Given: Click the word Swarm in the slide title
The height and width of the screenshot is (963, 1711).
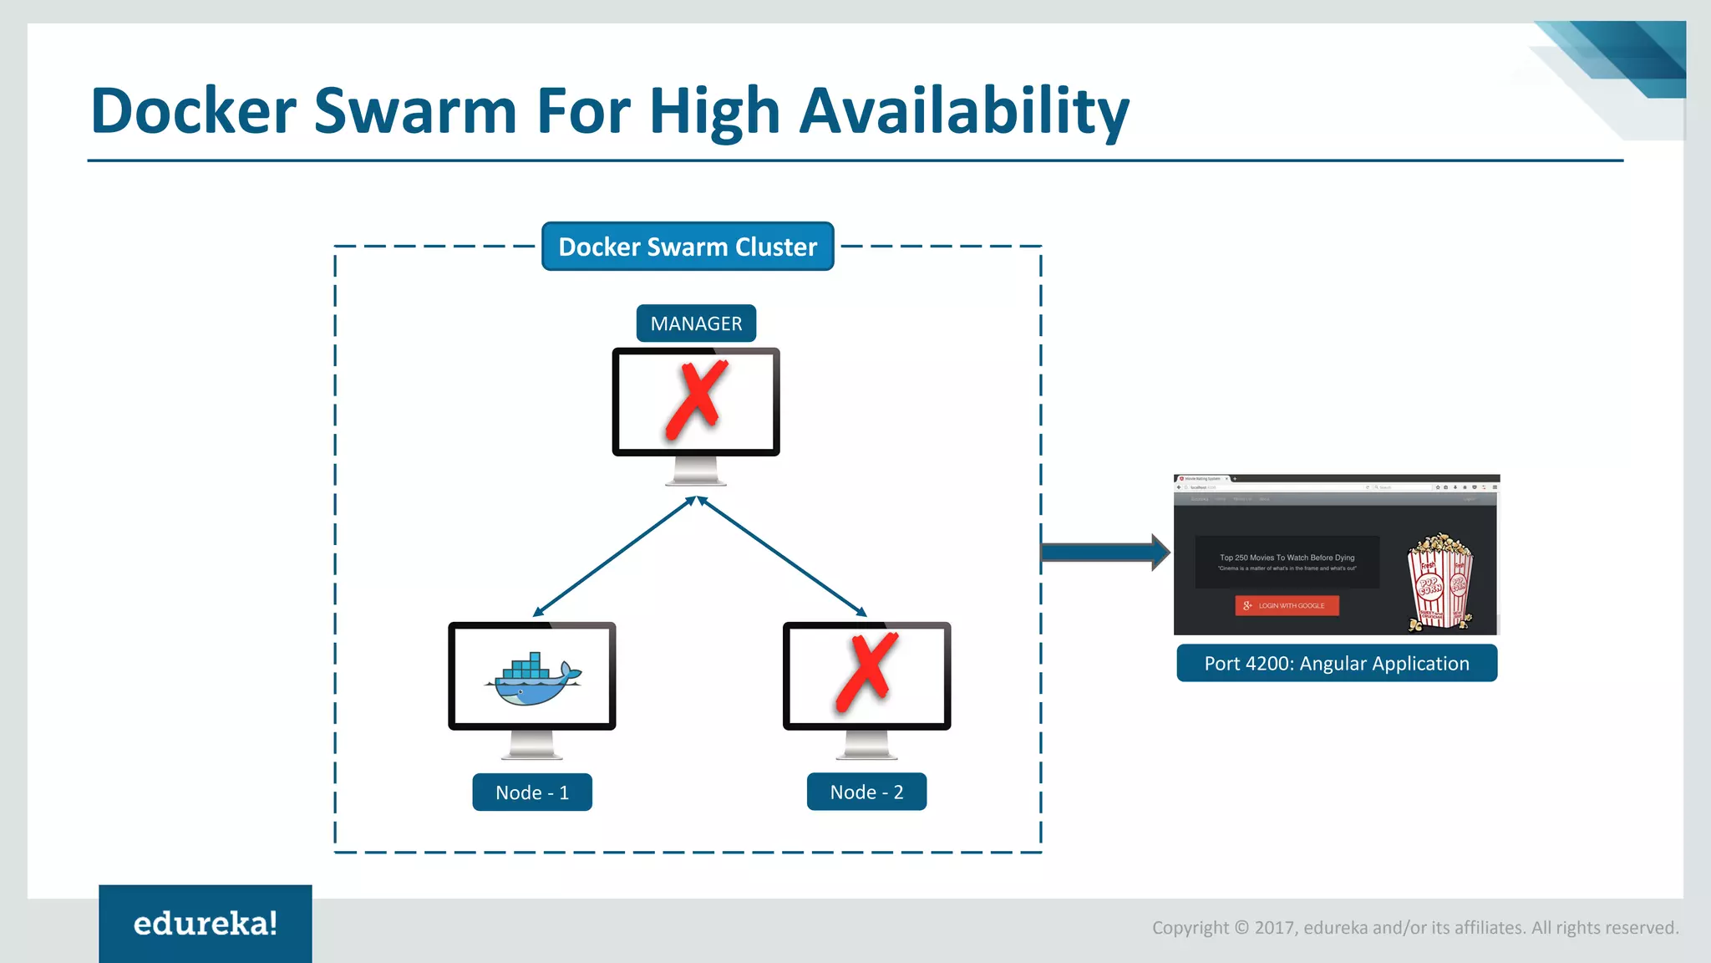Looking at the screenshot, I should coord(415,111).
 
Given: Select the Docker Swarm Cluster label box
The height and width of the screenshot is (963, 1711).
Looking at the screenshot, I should coord(688,247).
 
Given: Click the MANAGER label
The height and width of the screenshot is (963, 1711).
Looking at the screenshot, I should coord(696,324).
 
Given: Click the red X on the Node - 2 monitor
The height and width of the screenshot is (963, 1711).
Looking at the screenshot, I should coord(867,674).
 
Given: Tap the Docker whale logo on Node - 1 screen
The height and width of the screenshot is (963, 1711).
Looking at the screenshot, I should coord(532,678).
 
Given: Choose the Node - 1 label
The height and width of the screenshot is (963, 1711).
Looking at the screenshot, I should coord(532,792).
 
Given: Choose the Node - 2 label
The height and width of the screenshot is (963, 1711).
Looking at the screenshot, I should coord(866,792).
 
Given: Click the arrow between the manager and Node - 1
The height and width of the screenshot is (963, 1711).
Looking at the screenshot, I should coord(614,557).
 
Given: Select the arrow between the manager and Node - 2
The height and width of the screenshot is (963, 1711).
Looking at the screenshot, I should coord(781,557).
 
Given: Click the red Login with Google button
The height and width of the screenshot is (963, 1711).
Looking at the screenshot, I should coord(1287,605).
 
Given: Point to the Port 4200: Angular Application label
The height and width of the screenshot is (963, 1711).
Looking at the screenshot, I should coord(1337,664).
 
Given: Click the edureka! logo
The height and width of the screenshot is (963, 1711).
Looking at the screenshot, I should coord(206,924).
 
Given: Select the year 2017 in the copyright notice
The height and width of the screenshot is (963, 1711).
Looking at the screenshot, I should coord(1274,928).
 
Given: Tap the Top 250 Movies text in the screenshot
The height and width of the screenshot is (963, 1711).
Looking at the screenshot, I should coord(1287,558).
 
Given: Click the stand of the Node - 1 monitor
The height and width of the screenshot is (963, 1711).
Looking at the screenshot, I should coord(532,745).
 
